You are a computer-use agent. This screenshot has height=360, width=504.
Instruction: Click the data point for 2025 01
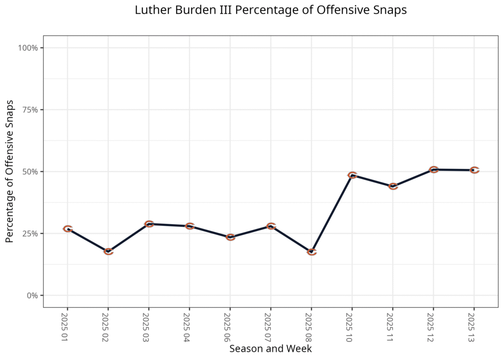point(68,229)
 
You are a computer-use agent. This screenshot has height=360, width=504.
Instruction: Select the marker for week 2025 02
point(108,252)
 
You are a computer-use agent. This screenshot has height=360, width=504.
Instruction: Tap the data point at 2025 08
point(312,252)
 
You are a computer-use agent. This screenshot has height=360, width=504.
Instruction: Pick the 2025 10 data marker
point(352,175)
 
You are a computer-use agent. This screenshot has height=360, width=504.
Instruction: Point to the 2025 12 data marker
point(433,169)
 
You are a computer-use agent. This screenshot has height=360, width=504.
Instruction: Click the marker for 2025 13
point(474,170)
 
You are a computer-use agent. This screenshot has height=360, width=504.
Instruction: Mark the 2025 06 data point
point(230,237)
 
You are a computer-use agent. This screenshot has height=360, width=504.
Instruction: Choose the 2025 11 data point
point(393,186)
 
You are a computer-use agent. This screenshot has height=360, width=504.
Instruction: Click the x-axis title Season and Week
point(270,349)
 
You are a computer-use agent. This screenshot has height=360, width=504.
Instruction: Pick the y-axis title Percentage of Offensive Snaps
point(10,171)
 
